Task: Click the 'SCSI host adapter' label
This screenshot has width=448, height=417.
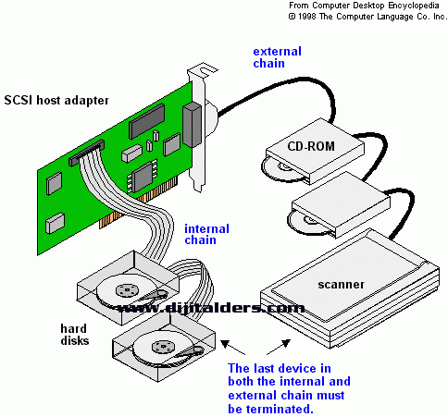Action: (x=56, y=101)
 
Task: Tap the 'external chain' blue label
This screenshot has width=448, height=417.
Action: (x=277, y=57)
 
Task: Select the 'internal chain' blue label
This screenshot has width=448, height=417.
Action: (x=206, y=235)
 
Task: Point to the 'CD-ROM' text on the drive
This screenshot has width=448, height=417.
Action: (x=311, y=146)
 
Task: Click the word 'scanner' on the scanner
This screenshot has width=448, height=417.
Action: (x=341, y=285)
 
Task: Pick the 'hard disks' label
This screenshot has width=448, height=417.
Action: (x=75, y=335)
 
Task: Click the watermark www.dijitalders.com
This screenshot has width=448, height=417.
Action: (x=211, y=308)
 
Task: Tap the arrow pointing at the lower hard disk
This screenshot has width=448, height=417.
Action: (x=233, y=348)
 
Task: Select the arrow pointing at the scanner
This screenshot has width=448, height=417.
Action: (x=279, y=347)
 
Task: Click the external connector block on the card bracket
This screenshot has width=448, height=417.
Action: (x=192, y=125)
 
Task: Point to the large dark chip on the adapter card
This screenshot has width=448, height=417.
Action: (x=147, y=121)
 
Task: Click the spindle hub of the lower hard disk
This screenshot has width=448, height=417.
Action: (x=163, y=347)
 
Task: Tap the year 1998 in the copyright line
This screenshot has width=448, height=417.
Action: (x=306, y=17)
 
